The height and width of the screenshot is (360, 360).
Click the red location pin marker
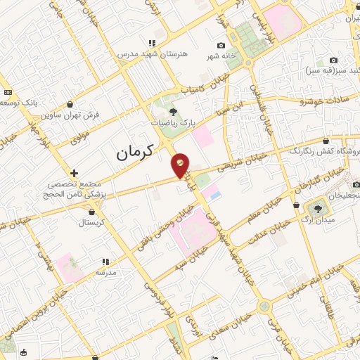(181, 165)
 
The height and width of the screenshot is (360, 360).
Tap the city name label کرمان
(133, 150)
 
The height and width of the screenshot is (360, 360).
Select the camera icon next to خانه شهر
(221, 46)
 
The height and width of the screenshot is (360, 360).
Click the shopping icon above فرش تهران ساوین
(69, 105)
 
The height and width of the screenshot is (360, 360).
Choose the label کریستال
(91, 221)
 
